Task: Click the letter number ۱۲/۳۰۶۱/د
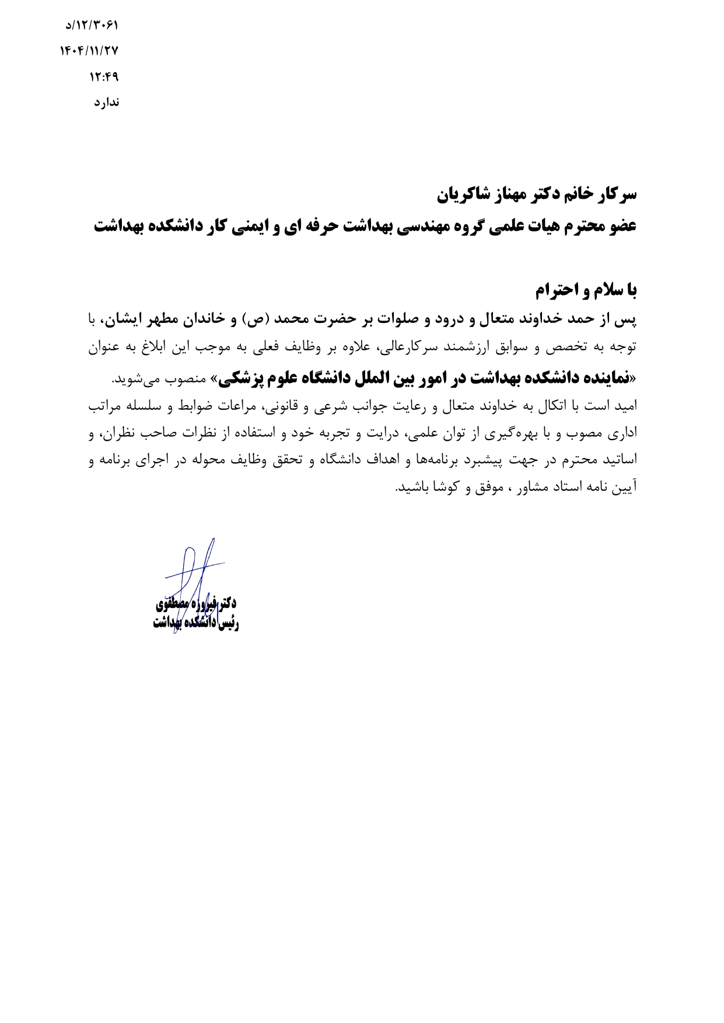click(92, 25)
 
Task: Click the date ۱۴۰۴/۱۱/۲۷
click(89, 51)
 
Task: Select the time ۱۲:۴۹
click(104, 76)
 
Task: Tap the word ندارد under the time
click(107, 102)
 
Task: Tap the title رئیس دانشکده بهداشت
click(197, 623)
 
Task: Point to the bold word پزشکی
click(237, 379)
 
